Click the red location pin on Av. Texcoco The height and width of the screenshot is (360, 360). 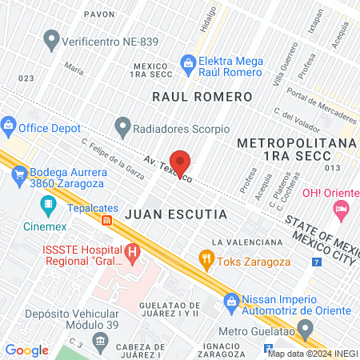click(180, 161)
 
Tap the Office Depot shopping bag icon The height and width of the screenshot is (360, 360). click(9, 125)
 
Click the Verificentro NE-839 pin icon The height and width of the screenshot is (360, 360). click(53, 38)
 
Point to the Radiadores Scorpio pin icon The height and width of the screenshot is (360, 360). click(122, 126)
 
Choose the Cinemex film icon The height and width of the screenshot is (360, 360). click(50, 204)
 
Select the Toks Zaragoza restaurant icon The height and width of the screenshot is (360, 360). click(207, 258)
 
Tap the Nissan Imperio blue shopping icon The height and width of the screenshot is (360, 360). click(232, 301)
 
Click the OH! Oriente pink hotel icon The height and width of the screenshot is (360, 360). click(342, 210)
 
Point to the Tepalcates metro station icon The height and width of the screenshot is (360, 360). click(106, 219)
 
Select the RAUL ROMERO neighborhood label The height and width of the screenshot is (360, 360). click(202, 96)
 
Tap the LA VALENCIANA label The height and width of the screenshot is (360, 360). click(247, 242)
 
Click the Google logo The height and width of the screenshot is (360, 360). click(26, 350)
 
